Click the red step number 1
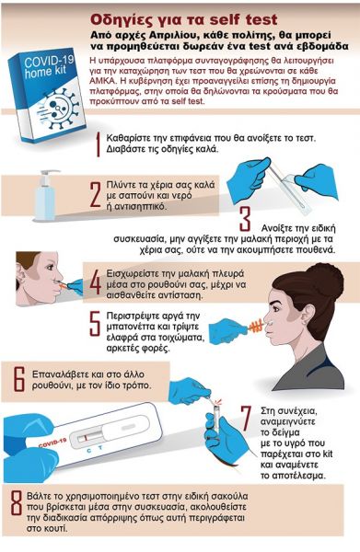click(99, 144)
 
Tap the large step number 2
click(96, 194)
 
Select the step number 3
click(245, 218)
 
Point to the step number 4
click(96, 282)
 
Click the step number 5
click(96, 324)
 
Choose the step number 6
click(19, 379)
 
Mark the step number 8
click(17, 503)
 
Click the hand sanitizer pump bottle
click(45, 195)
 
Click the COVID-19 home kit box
click(47, 95)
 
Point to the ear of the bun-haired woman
click(308, 315)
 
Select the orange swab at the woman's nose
click(256, 326)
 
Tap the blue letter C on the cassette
click(89, 449)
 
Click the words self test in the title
click(243, 20)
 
